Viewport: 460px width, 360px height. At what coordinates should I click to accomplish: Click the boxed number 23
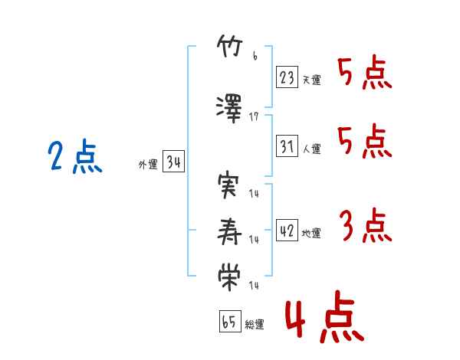(287, 77)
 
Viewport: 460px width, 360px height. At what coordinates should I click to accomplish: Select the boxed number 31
(287, 146)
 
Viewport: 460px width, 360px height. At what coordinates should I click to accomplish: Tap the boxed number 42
(287, 231)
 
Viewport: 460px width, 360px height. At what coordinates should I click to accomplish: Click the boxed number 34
(173, 162)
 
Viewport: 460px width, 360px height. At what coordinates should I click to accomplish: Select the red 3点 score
(365, 227)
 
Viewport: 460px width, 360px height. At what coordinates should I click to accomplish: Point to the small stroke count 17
(255, 116)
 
